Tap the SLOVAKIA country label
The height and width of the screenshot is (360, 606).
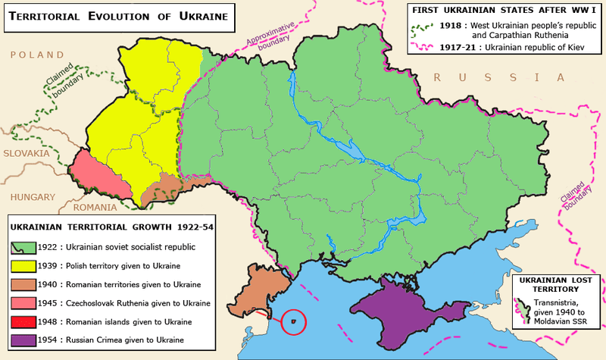(26, 153)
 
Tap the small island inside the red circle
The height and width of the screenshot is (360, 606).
(292, 321)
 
